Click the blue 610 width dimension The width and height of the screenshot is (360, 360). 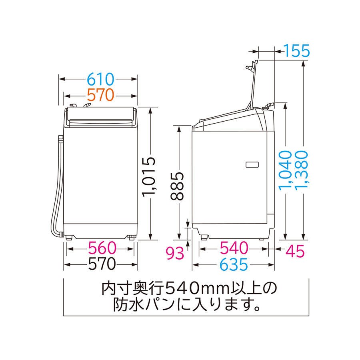(x=100, y=80)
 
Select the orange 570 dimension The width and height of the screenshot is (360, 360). (x=100, y=95)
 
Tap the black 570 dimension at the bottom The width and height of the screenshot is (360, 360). (x=102, y=264)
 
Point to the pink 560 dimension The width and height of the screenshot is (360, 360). (x=102, y=248)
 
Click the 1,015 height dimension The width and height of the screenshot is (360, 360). (x=149, y=177)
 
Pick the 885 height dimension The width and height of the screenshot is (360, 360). (x=177, y=186)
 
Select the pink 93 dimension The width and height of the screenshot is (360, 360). (x=175, y=253)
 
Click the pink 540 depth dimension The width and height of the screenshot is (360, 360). (x=234, y=248)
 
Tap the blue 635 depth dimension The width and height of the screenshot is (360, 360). (x=234, y=264)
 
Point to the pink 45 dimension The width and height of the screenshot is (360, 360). (x=295, y=251)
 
